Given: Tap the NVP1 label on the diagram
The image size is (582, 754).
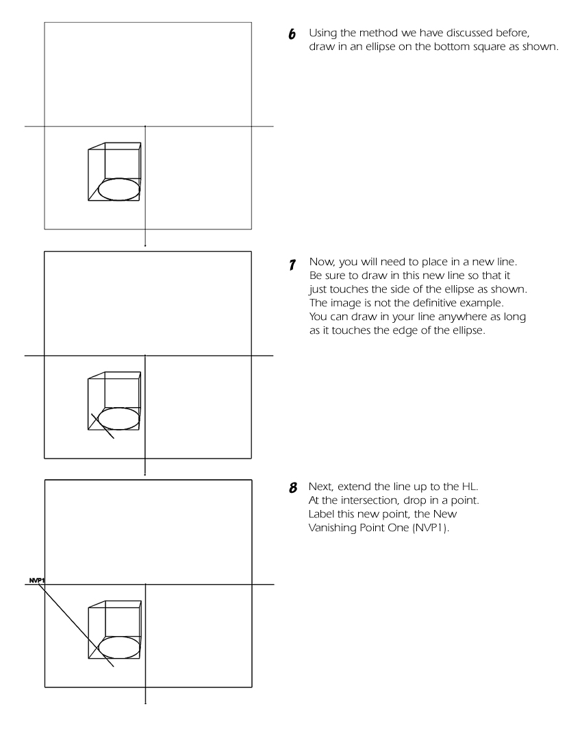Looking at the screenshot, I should click(36, 581).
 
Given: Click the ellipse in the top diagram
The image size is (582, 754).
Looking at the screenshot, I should click(118, 189).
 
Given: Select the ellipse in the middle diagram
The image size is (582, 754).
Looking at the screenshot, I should click(118, 418).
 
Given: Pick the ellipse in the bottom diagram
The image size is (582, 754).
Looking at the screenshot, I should click(118, 647).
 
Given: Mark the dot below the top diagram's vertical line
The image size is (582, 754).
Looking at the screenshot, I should click(145, 245).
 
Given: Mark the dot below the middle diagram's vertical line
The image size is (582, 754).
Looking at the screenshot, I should click(145, 474).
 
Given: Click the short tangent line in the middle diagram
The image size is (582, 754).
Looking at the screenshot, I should click(103, 426).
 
